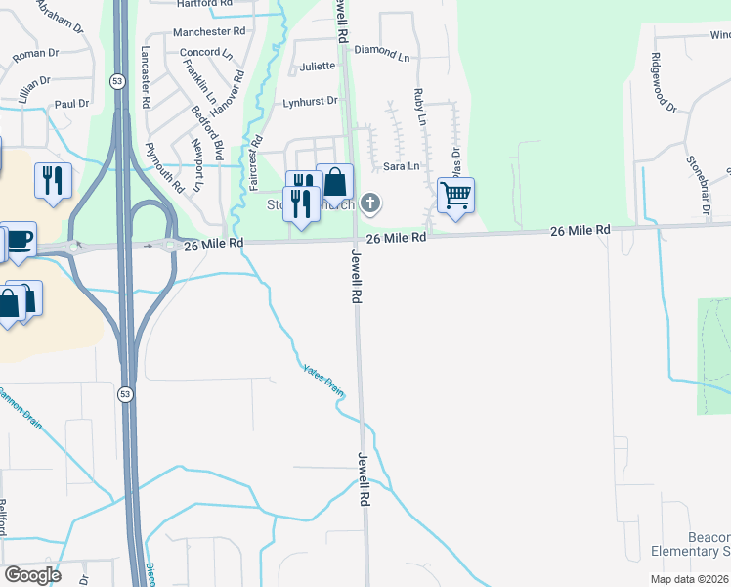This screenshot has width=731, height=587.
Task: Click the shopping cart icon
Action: click(x=455, y=195)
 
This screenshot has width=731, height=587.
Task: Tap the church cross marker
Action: click(x=369, y=203)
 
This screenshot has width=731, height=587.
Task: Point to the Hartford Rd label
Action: click(x=204, y=4)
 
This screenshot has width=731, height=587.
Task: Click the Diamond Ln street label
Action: click(x=382, y=51)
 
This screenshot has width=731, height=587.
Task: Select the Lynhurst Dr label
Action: click(x=310, y=102)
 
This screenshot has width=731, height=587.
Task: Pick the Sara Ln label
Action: click(x=401, y=166)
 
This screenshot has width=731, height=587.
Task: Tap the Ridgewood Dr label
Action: click(x=664, y=83)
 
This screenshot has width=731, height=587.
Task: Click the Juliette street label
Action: click(x=318, y=67)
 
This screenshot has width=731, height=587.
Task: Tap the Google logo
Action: click(x=33, y=575)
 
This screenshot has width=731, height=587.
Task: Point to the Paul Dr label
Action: click(x=71, y=103)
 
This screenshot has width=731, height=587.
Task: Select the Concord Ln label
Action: click(x=198, y=52)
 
